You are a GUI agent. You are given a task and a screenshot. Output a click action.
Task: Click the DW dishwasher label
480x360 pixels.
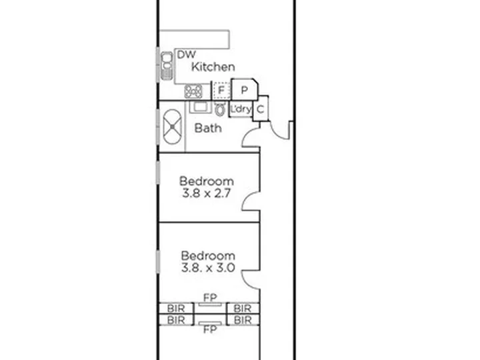[186, 55]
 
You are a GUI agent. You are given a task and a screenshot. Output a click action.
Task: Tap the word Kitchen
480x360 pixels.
[213, 67]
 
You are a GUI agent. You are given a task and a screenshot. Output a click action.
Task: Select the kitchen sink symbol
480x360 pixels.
[167, 66]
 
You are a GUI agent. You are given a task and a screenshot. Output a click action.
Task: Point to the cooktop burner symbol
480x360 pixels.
[193, 91]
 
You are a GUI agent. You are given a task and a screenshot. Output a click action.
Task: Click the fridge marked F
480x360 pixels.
[221, 91]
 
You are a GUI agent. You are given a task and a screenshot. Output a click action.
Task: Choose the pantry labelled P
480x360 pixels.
[244, 90]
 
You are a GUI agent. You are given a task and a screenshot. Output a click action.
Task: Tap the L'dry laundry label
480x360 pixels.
[241, 109]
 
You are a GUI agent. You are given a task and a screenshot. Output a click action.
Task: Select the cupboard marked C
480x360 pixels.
[261, 109]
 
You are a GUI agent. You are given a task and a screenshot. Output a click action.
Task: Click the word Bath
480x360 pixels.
[208, 128]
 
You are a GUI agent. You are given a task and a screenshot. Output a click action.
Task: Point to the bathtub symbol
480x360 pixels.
[173, 127]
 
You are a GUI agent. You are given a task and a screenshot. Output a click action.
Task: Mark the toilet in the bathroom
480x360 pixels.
[220, 109]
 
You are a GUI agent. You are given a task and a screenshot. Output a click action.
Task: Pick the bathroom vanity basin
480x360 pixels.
[200, 107]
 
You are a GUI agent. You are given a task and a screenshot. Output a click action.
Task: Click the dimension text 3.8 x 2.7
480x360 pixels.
[206, 193]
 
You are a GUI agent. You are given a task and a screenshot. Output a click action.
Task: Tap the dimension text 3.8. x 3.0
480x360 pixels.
[208, 268]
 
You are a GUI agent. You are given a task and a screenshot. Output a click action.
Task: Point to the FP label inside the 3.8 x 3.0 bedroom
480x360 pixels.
[210, 297]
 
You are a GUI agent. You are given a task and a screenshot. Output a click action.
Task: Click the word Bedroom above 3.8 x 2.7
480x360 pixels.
[207, 181]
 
